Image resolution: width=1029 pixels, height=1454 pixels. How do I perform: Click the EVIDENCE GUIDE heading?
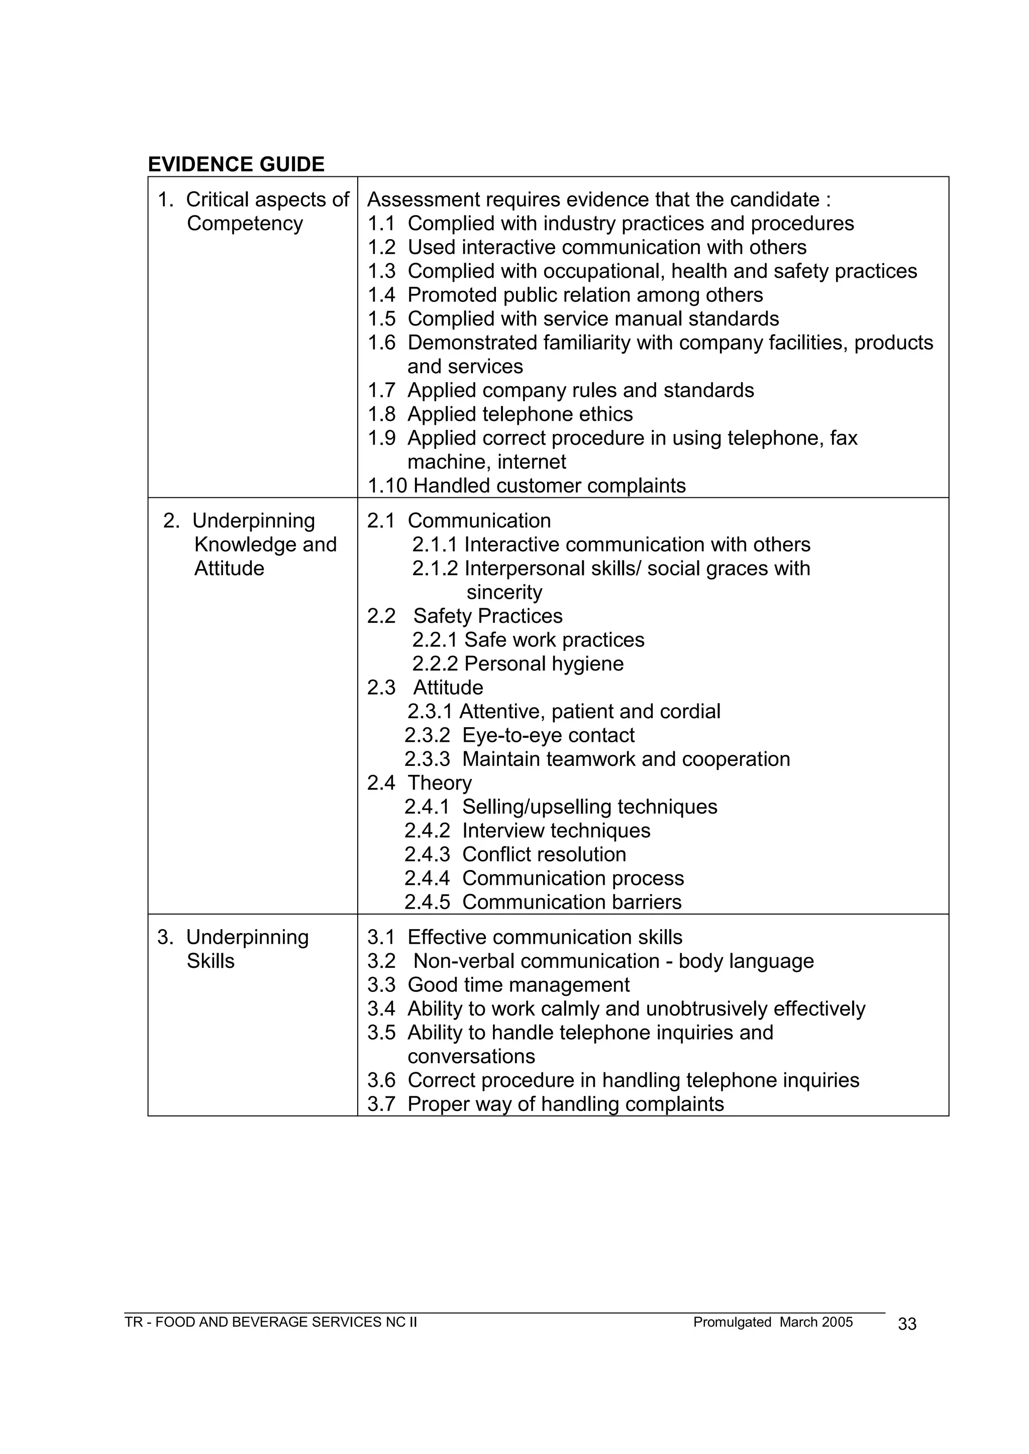pos(236,165)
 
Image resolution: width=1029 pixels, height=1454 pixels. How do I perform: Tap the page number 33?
pos(907,1324)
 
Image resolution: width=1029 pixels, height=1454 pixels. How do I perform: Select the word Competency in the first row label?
pos(245,223)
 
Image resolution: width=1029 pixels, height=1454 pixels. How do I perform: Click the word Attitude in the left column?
pos(229,569)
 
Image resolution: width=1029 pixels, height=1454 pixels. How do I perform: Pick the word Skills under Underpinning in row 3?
pos(211,961)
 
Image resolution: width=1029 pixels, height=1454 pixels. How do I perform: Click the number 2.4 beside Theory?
pos(381,784)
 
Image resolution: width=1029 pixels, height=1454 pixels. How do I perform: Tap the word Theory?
pos(440,784)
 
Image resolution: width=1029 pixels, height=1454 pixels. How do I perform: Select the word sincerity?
pos(504,593)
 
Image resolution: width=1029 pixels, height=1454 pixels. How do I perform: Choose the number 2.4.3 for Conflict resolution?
pos(427,854)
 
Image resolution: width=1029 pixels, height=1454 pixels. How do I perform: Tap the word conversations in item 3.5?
pos(471,1056)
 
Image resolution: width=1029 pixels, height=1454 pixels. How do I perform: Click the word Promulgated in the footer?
pos(732,1322)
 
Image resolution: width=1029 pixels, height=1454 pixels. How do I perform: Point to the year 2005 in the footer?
pos(837,1322)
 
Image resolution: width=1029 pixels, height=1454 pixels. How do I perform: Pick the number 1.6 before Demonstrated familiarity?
pos(381,343)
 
